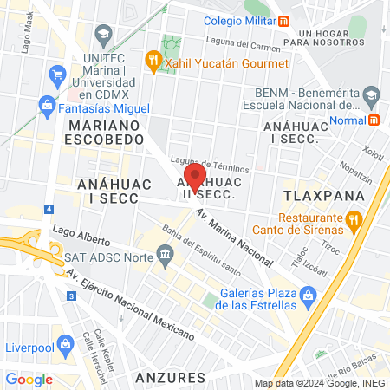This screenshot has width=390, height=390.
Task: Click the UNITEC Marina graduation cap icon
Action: (103, 36)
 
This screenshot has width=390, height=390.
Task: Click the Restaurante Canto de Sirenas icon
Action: (354, 221)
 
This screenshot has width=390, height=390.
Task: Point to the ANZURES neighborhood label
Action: (171, 377)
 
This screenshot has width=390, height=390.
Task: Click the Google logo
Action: (29, 379)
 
